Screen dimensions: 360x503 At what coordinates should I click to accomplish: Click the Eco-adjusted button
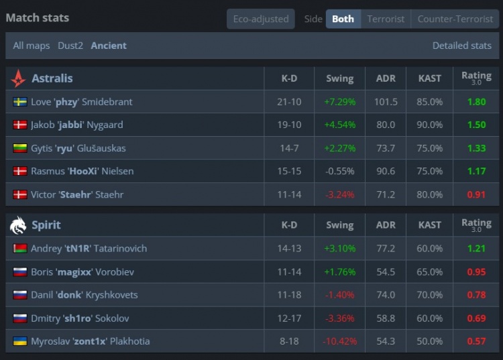tap(261, 19)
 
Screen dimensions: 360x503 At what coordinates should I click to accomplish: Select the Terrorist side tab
tap(386, 19)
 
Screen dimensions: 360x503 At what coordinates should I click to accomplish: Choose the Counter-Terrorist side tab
tap(455, 19)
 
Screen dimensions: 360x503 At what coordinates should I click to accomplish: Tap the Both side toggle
tap(343, 19)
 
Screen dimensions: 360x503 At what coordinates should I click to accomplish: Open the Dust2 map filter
tap(70, 46)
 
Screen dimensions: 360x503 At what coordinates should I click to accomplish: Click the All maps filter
tap(32, 46)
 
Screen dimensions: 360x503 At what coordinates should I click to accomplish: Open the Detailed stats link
tap(461, 46)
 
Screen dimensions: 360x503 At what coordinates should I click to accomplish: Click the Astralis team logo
tap(18, 78)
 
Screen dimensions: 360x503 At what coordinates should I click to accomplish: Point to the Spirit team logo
tap(18, 225)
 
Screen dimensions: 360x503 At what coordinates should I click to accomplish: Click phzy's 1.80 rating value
tap(476, 102)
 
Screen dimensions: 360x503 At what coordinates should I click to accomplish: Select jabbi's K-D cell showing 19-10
tap(289, 125)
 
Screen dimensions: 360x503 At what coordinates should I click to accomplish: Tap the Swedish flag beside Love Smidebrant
tap(20, 102)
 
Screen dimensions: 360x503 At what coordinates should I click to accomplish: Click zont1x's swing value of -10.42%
tap(339, 341)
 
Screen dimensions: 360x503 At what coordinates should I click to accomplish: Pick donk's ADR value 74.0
tap(386, 295)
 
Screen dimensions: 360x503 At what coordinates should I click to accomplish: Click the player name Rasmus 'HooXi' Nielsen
tap(82, 171)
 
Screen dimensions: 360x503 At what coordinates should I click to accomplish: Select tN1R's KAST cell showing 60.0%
tap(429, 249)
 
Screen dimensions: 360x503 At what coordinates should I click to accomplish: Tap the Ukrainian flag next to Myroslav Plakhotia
tap(20, 341)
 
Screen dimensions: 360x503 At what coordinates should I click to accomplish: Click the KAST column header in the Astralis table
tap(429, 78)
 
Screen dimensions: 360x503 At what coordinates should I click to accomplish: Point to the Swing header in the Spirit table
tap(339, 225)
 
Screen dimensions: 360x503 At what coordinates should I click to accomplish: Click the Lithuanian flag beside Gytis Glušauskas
tap(20, 148)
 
